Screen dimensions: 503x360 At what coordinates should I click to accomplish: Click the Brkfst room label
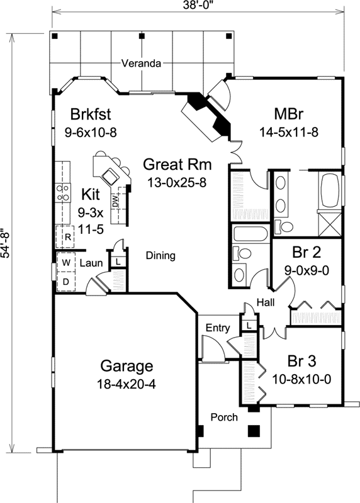click(91, 114)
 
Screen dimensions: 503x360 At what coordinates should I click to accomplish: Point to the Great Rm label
click(177, 165)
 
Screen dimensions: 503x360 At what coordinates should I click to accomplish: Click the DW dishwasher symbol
click(116, 202)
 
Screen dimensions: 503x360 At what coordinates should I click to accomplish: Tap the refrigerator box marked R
click(66, 237)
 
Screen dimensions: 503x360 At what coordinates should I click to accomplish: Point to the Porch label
click(223, 417)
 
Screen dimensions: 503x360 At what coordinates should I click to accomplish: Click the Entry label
click(218, 328)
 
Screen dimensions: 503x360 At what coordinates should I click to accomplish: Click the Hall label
click(264, 303)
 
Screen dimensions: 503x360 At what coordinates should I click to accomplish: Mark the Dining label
click(160, 256)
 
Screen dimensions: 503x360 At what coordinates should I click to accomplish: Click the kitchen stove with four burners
click(63, 191)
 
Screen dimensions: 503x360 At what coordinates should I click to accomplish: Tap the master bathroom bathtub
click(330, 191)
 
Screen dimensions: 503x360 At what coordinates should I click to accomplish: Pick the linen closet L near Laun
click(118, 262)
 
